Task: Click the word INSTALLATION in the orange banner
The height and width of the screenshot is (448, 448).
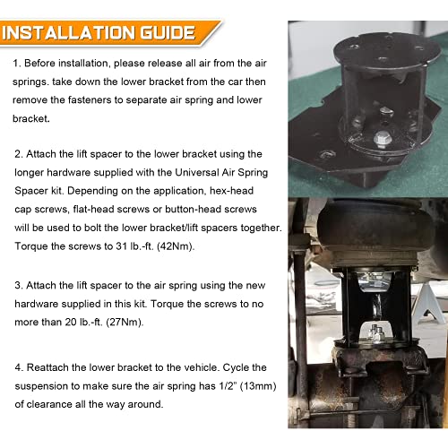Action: [x=69, y=32]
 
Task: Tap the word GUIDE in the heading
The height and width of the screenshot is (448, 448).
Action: [x=168, y=32]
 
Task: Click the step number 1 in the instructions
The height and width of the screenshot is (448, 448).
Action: [x=16, y=64]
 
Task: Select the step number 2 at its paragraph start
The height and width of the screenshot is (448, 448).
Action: [x=19, y=154]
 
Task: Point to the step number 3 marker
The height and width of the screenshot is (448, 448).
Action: [x=19, y=286]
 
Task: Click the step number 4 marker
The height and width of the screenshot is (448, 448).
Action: [x=19, y=367]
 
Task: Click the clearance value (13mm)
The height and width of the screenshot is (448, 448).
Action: [x=258, y=386]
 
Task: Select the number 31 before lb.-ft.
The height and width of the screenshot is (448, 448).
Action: [x=122, y=246]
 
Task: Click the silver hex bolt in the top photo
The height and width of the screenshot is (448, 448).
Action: [x=383, y=140]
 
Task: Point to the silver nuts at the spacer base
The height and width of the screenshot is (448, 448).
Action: [x=375, y=333]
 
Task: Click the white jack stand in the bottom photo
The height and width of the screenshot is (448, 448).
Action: [x=427, y=305]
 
